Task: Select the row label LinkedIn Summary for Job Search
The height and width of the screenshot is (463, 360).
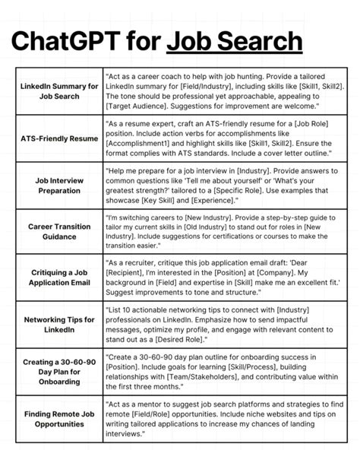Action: [x=59, y=91]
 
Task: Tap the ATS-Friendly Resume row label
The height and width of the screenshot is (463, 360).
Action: [x=59, y=140]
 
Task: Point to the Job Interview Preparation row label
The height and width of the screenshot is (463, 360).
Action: [x=59, y=186]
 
